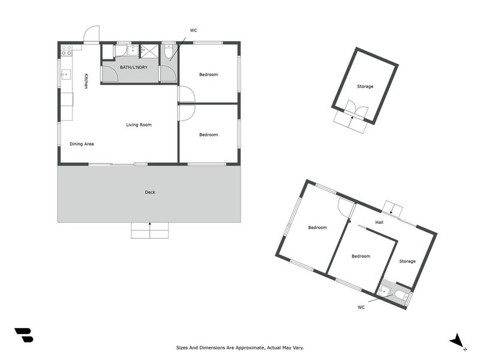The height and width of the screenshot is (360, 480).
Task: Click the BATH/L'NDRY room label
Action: [x=133, y=67]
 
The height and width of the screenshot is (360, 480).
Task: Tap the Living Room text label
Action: [x=139, y=125]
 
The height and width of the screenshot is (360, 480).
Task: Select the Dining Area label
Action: [x=82, y=144]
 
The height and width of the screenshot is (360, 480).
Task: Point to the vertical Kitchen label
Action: [x=86, y=81]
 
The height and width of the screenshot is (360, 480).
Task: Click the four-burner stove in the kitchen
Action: [x=66, y=50]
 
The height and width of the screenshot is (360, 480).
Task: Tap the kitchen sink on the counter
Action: [x=66, y=75]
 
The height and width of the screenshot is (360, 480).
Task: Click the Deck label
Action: [x=150, y=193]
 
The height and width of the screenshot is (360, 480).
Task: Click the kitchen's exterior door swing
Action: [x=92, y=35]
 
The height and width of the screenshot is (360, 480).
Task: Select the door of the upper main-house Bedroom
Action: [x=185, y=94]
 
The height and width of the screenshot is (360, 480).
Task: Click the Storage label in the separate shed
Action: [x=365, y=86]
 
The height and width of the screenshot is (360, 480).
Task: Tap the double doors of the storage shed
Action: [x=355, y=110]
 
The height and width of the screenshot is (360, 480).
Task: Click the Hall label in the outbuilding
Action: [x=379, y=223]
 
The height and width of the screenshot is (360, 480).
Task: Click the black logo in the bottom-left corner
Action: [x=23, y=335]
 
